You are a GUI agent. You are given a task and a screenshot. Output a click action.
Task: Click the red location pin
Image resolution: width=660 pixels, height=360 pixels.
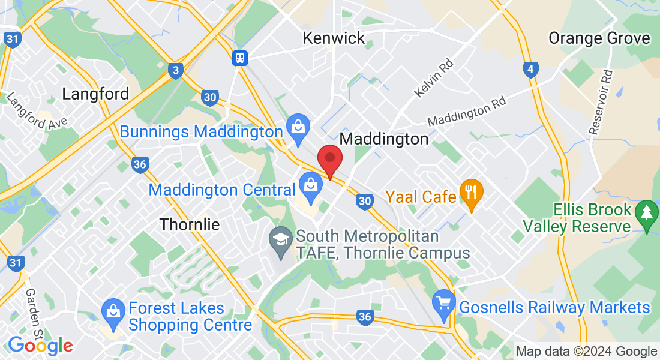(329, 160)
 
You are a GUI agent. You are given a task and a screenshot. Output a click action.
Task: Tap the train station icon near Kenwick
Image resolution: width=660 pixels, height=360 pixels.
(240, 58)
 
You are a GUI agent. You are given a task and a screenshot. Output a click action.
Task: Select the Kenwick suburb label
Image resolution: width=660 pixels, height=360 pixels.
(334, 38)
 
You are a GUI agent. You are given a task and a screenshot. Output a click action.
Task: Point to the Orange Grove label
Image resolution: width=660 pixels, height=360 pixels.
(599, 38)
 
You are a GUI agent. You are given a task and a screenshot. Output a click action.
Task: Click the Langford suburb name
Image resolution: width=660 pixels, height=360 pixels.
(95, 94)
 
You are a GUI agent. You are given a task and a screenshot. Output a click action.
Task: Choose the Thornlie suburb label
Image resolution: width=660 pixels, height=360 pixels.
(190, 224)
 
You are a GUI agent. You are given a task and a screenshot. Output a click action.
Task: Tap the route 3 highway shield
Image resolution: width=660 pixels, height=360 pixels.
(176, 71)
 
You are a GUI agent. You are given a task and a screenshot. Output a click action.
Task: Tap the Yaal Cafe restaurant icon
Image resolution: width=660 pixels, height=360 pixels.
(471, 193)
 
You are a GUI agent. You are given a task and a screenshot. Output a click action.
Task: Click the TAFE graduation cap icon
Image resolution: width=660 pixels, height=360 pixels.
(280, 239)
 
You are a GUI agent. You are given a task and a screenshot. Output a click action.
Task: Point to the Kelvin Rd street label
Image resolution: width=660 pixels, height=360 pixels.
(433, 79)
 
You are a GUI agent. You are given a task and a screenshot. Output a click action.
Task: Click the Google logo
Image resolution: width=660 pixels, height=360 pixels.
(40, 346)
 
